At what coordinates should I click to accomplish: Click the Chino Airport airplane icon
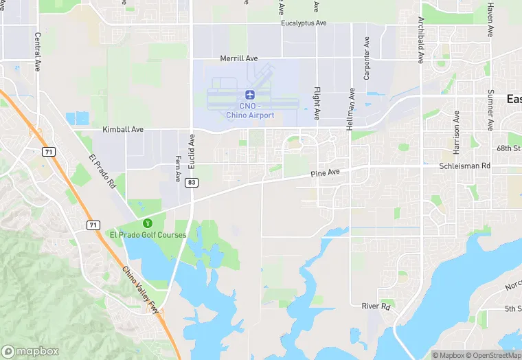(x=249, y=94)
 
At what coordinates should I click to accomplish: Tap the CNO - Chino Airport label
(x=250, y=111)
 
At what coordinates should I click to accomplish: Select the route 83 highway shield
(x=192, y=182)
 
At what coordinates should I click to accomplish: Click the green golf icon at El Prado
(x=146, y=223)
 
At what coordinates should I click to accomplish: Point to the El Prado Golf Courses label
(x=148, y=235)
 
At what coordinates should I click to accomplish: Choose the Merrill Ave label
(x=238, y=59)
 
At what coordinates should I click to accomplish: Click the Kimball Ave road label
(x=123, y=129)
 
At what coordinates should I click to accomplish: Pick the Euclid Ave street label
(x=192, y=147)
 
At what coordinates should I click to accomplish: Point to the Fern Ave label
(x=177, y=168)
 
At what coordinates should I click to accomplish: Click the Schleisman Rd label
(x=465, y=166)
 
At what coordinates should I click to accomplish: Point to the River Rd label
(x=376, y=306)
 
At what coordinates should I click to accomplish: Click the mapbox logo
(x=30, y=350)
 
